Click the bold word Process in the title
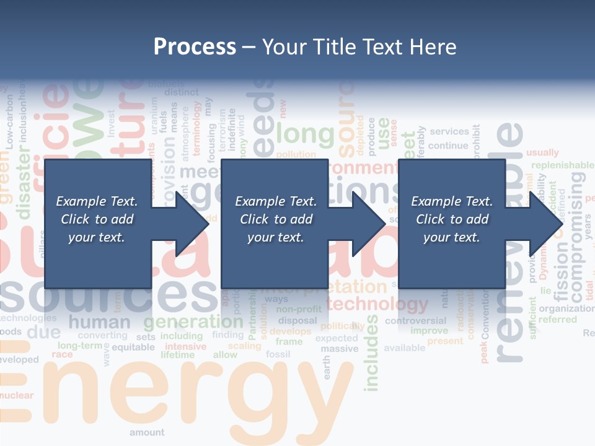(x=195, y=46)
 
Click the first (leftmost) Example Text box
(x=97, y=219)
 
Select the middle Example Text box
(x=275, y=219)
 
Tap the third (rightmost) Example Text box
(x=452, y=219)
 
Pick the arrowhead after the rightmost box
(x=545, y=224)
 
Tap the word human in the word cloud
(x=100, y=322)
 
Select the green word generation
(x=193, y=321)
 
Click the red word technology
(x=377, y=304)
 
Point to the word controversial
(x=415, y=321)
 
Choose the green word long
(x=305, y=133)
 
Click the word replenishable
(x=562, y=165)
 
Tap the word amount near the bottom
(x=147, y=432)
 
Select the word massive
(x=339, y=349)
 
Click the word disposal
(x=297, y=321)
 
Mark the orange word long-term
(x=79, y=345)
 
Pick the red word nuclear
(x=17, y=395)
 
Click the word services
(x=449, y=131)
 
